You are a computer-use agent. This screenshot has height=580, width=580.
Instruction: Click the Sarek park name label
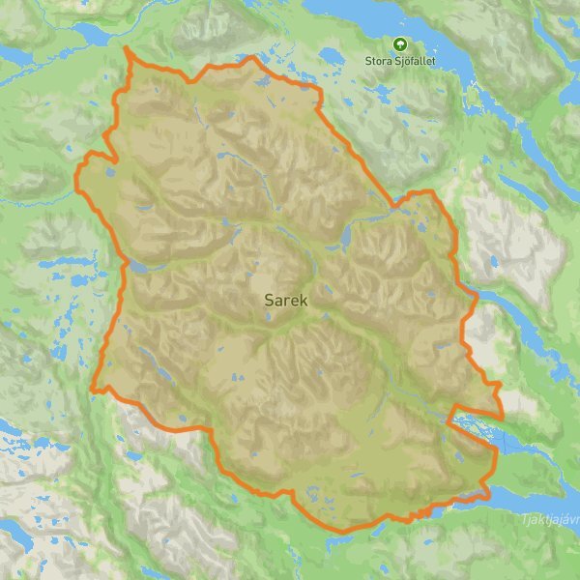point(285,301)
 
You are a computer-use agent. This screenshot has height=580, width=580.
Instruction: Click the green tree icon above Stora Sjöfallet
point(399,43)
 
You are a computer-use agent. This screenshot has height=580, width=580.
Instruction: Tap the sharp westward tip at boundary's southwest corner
point(92,391)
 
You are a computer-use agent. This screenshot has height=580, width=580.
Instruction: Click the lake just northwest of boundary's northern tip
point(95,34)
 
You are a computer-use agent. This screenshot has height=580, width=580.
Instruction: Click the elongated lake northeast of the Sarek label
point(345,235)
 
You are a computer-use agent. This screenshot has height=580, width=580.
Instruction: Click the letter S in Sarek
point(268,301)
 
